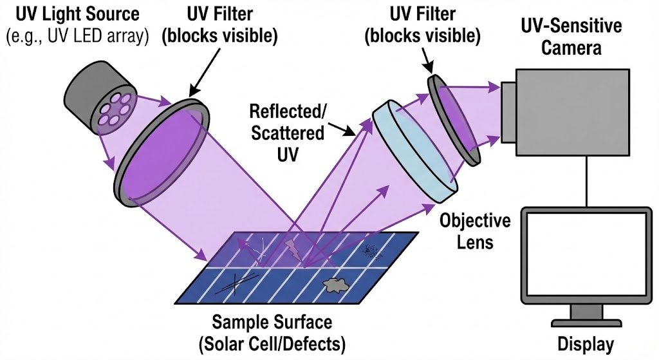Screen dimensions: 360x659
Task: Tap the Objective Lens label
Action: click(x=476, y=231)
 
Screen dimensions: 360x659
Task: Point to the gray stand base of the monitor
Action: click(x=586, y=314)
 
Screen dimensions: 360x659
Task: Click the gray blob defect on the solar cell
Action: click(x=334, y=283)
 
